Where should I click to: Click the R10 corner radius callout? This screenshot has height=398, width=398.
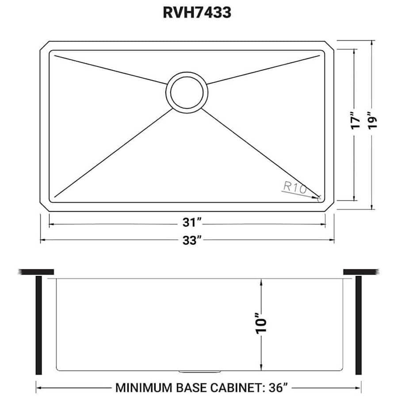pyautogui.click(x=294, y=188)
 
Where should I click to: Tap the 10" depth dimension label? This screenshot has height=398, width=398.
pyautogui.click(x=261, y=325)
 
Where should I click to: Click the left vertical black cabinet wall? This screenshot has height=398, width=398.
pyautogui.click(x=38, y=325)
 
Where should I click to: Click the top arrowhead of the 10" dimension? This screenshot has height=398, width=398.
pyautogui.click(x=261, y=282)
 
